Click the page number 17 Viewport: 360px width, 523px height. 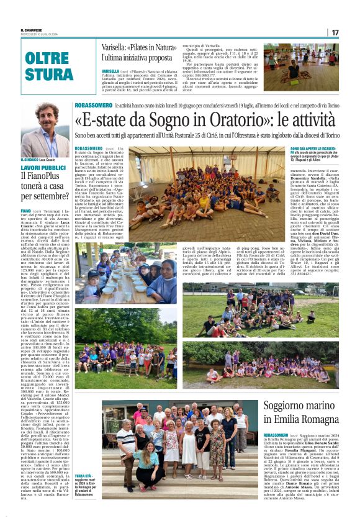click(335, 32)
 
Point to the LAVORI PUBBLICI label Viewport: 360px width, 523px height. click(43, 168)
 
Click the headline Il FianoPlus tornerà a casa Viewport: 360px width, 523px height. click(43, 186)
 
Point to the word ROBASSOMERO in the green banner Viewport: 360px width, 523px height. click(92, 106)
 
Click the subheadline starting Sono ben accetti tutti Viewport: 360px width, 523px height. click(207, 135)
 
